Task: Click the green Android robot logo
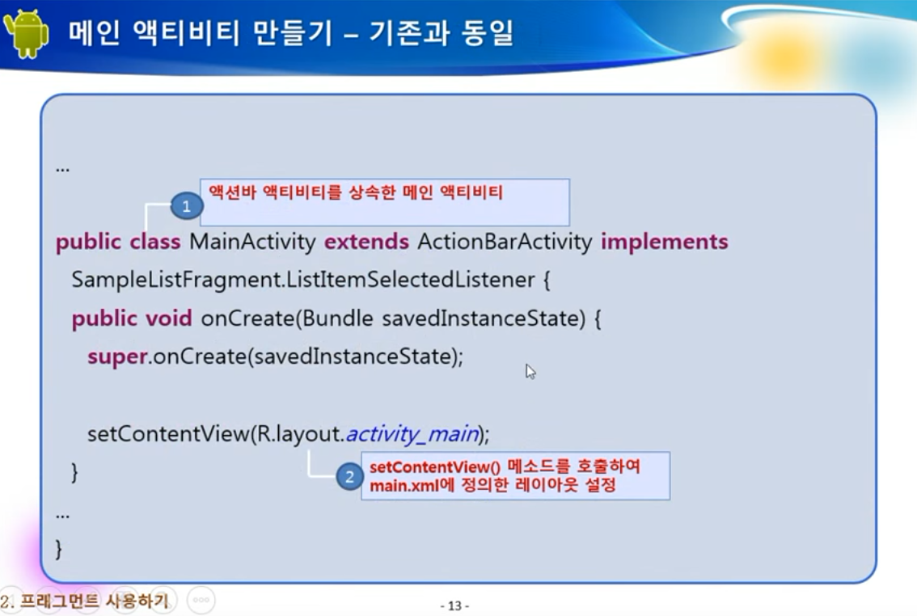26,33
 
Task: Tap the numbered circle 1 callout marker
187,205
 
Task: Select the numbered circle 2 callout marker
349,476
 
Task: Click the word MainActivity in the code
252,242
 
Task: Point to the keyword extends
366,242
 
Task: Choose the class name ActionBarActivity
505,242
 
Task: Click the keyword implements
665,242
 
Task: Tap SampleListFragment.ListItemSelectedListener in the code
303,280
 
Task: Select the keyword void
168,319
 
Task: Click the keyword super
117,357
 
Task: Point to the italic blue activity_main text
413,433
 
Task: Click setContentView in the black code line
168,433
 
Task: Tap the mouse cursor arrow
530,372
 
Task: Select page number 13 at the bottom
454,605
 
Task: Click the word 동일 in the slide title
487,32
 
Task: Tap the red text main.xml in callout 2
404,485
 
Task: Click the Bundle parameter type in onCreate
337,319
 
